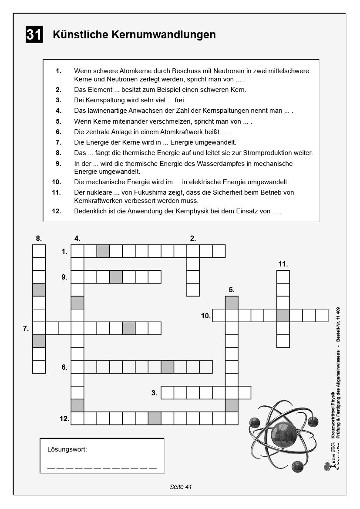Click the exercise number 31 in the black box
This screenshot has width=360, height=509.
tap(34, 35)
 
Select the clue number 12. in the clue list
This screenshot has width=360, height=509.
tap(56, 211)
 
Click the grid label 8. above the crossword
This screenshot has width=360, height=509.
tap(39, 238)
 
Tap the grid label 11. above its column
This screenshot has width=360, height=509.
tap(283, 264)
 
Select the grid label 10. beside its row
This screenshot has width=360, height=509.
tap(206, 316)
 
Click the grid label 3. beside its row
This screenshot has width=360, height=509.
tap(154, 393)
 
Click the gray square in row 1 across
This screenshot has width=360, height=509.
tap(103, 251)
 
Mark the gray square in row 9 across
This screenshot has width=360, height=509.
tap(116, 277)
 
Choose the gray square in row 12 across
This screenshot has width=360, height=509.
tap(155, 418)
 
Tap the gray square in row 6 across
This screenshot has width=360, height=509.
tap(167, 367)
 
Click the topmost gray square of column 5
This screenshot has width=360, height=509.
tap(232, 303)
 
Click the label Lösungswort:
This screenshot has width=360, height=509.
tap(67, 449)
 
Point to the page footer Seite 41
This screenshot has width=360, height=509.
tap(181, 487)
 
